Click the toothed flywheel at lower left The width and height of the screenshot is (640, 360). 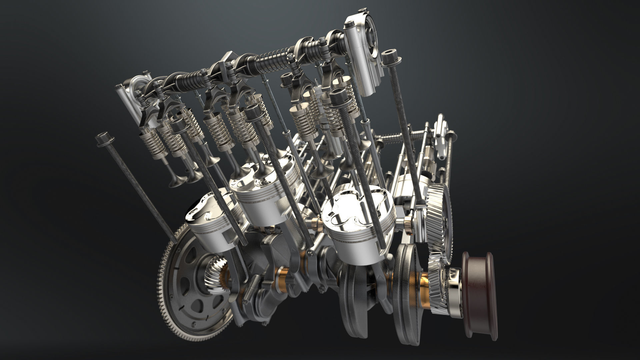click(187, 287)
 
